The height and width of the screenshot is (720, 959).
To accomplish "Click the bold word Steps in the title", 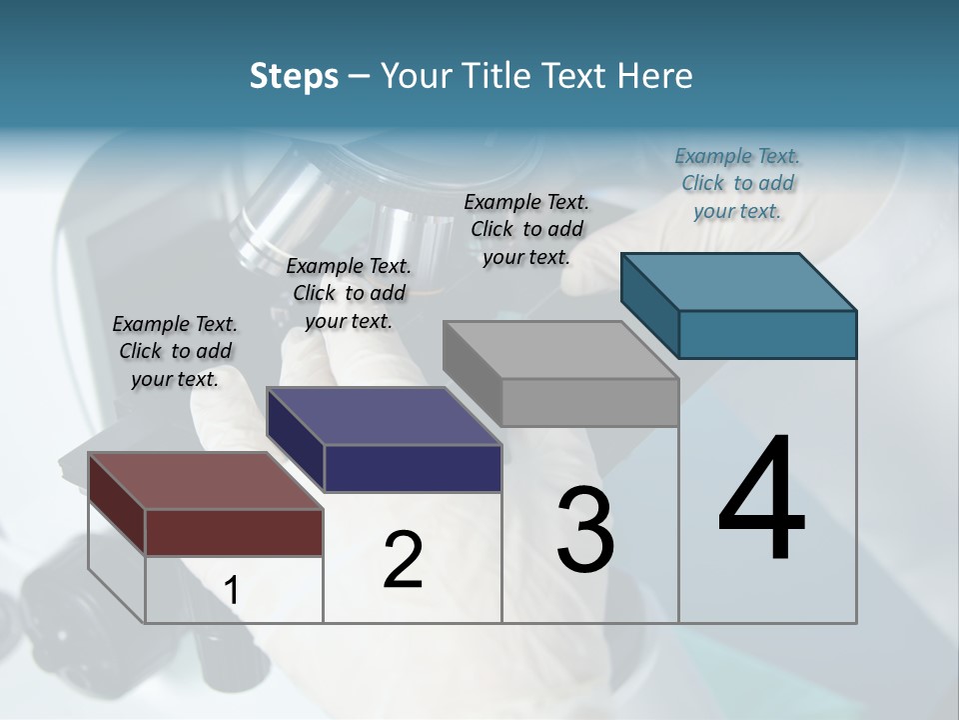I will [x=294, y=76].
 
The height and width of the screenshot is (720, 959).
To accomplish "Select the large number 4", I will [x=761, y=500].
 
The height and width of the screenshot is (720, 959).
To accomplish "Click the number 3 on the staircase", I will [x=585, y=530].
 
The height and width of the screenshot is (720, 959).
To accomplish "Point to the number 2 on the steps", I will [x=403, y=560].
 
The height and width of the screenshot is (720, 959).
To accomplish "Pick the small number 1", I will [x=232, y=591].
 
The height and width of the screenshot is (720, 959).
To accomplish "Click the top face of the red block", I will [x=205, y=481].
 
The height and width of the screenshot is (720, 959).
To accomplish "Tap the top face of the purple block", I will [x=384, y=415].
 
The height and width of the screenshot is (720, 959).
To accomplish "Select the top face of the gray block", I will [x=560, y=350].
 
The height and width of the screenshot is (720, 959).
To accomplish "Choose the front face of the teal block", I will [x=767, y=334].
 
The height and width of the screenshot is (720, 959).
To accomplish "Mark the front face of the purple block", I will [x=413, y=468].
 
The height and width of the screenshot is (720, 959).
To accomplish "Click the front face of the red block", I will [x=234, y=532].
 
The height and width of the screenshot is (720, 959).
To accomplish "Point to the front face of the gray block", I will [x=589, y=402].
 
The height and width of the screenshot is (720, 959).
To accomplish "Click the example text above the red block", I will [x=175, y=351].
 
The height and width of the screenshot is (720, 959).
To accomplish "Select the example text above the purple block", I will [x=349, y=293].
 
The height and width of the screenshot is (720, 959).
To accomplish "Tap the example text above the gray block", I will [x=526, y=229].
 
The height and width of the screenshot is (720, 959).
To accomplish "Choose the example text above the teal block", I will [x=737, y=183].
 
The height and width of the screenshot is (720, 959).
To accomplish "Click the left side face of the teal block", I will [x=649, y=305].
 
